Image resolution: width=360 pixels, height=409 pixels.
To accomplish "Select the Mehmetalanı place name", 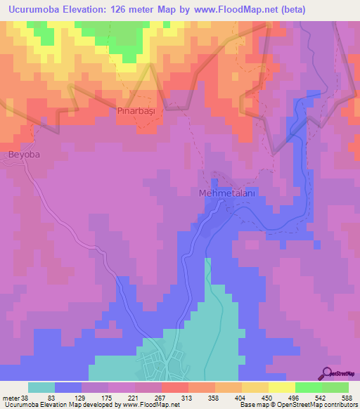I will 226,193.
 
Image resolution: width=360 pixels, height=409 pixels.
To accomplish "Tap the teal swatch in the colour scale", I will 41,387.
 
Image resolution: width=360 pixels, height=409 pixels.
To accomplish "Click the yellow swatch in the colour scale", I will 281,387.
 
